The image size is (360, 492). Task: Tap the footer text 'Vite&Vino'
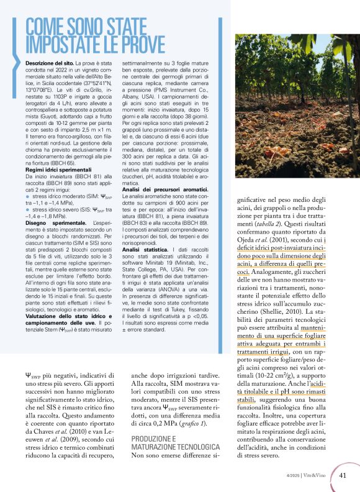[x=318, y=476]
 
